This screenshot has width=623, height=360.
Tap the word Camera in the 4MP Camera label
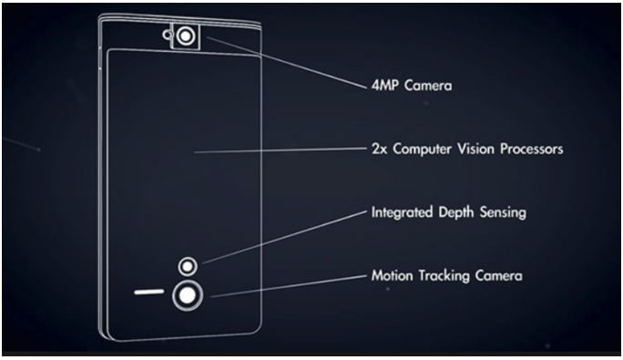428,87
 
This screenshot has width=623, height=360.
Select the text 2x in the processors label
379,147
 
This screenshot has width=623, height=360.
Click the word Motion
393,274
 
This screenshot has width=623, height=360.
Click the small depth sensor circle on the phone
187,266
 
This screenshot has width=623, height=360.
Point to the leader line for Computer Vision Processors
273,149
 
